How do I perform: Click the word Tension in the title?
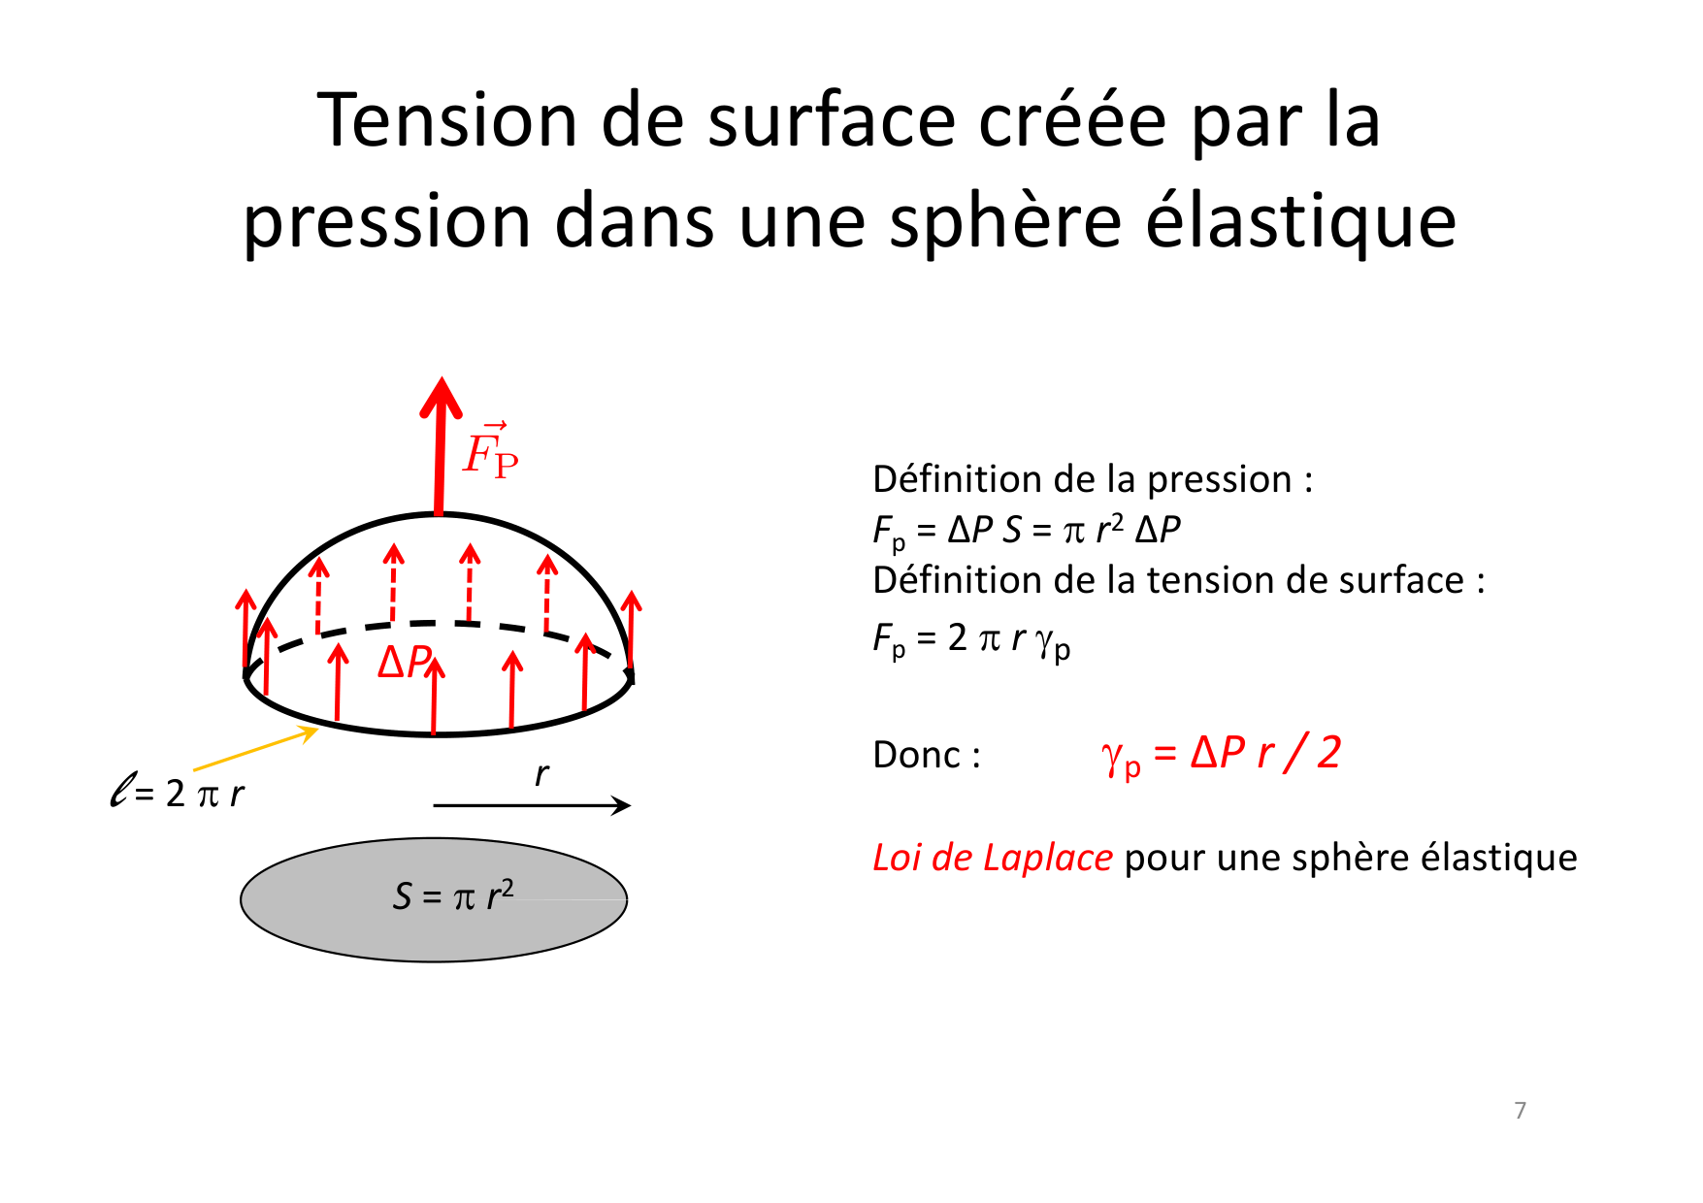445,120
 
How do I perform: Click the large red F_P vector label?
490,452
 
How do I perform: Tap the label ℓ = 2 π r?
177,793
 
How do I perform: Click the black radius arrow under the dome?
531,805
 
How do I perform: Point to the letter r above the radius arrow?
541,774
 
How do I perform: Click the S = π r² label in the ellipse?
452,895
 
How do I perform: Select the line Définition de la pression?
1093,479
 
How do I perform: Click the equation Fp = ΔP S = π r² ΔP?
1026,530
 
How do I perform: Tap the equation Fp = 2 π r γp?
971,638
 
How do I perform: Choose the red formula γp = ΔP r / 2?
1221,754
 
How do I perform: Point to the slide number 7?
1520,1110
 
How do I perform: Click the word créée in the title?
1072,120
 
